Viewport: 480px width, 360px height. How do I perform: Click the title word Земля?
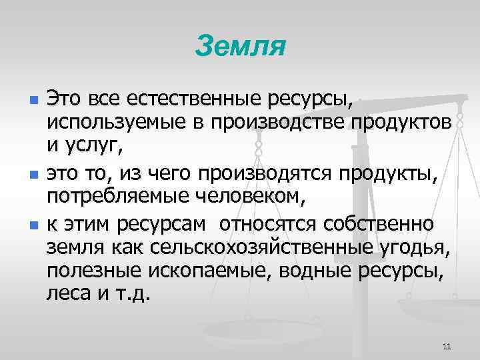pos(241,47)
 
